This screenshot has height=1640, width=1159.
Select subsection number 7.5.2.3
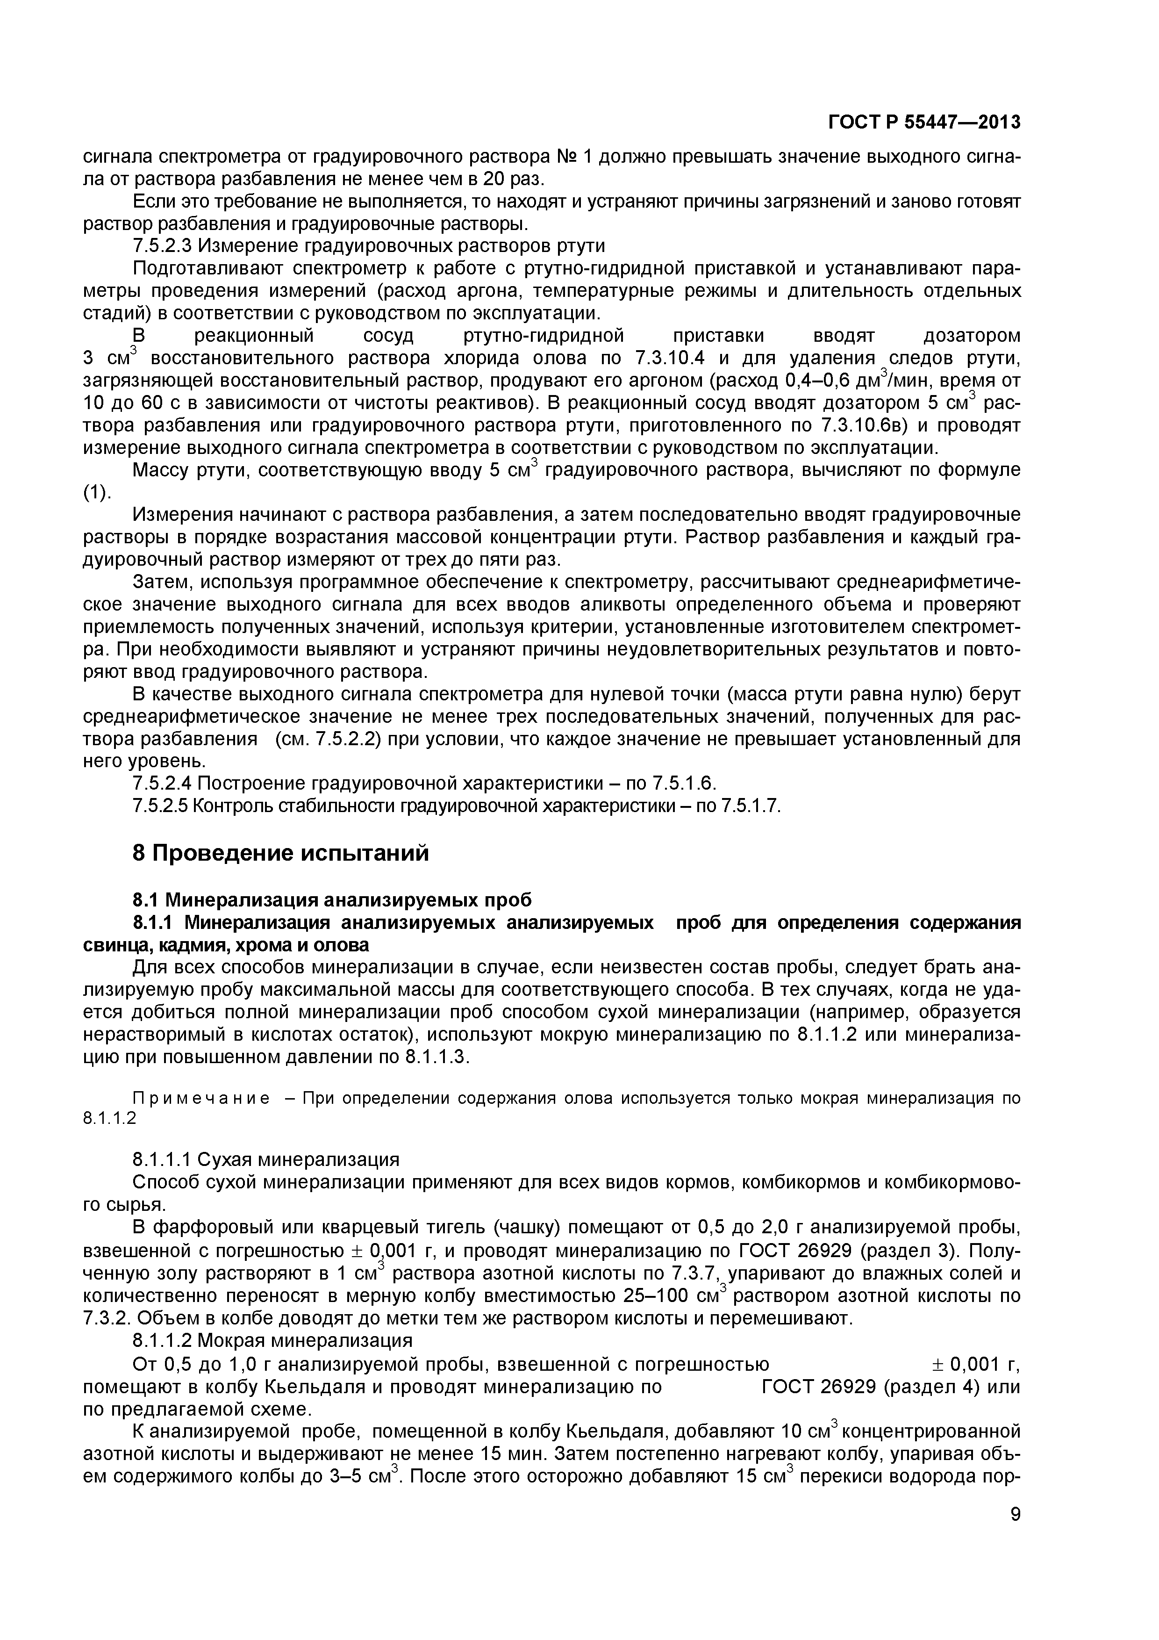(x=162, y=246)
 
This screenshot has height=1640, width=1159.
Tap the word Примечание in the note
(x=176, y=1098)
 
